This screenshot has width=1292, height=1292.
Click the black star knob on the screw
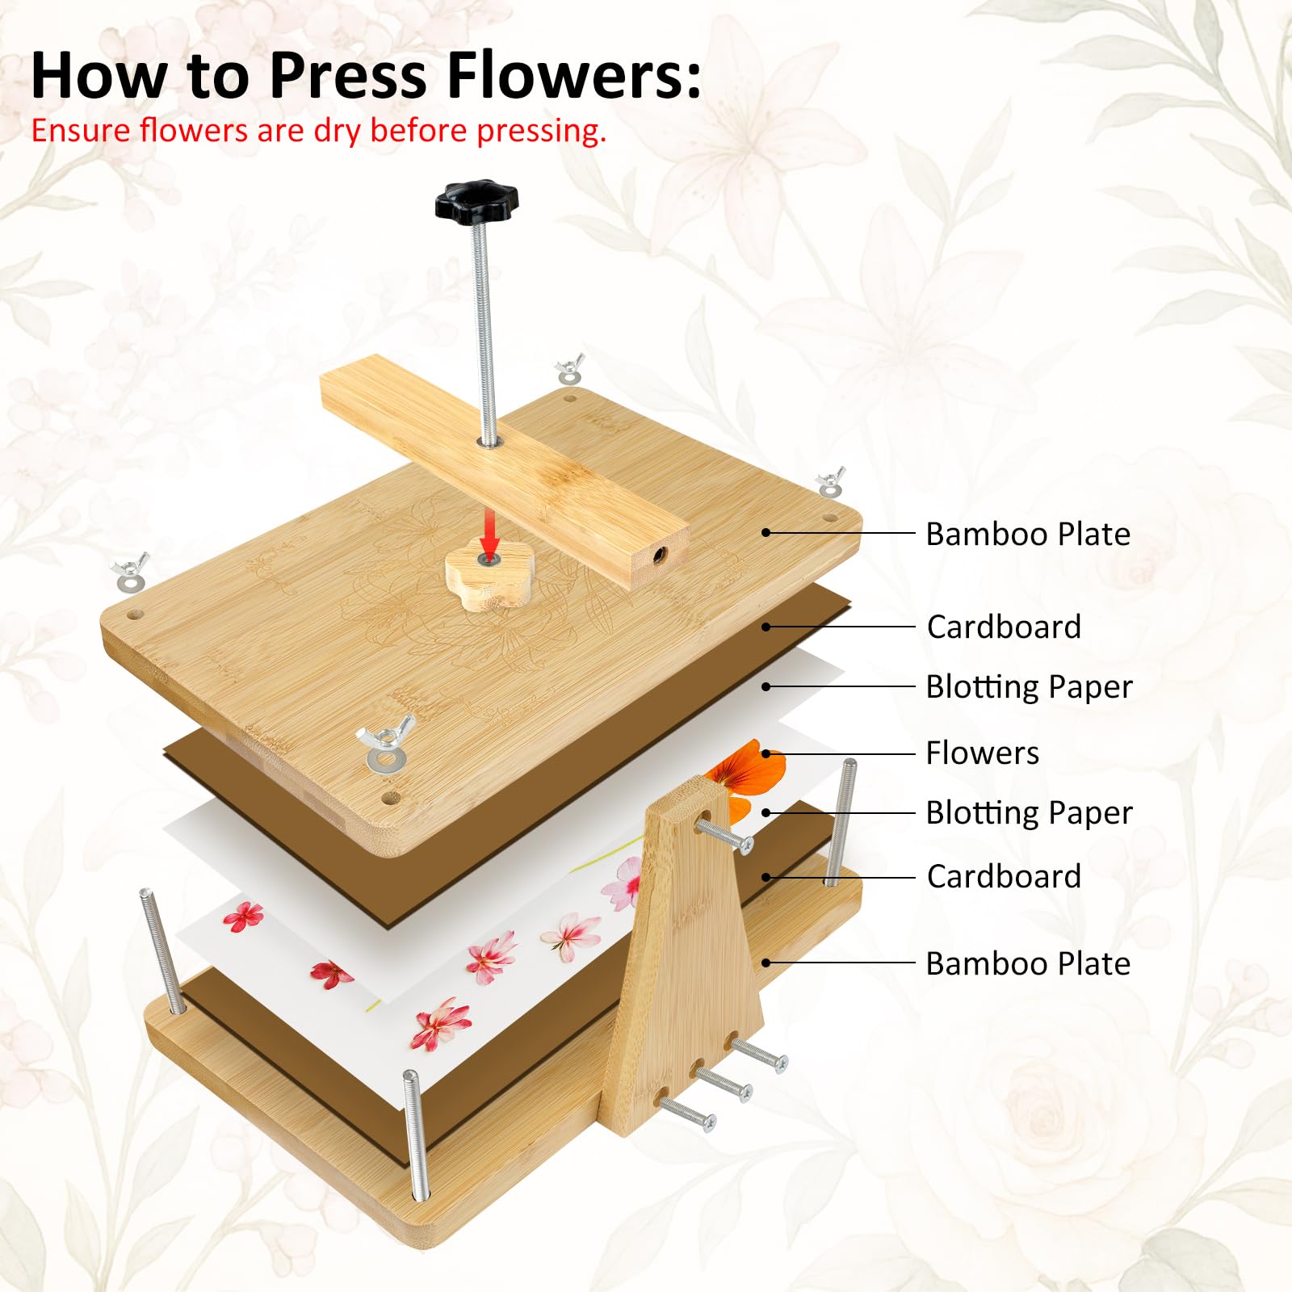coord(476,200)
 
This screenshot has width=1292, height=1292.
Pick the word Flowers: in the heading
coord(574,75)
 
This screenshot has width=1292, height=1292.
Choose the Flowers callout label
coord(982,753)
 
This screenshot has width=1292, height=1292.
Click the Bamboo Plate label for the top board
coord(1028,534)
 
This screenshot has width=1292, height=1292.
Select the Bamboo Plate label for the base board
coord(1028,963)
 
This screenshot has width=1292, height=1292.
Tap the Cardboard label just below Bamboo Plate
coord(1004,627)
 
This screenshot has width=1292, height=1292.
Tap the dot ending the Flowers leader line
coord(766,753)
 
